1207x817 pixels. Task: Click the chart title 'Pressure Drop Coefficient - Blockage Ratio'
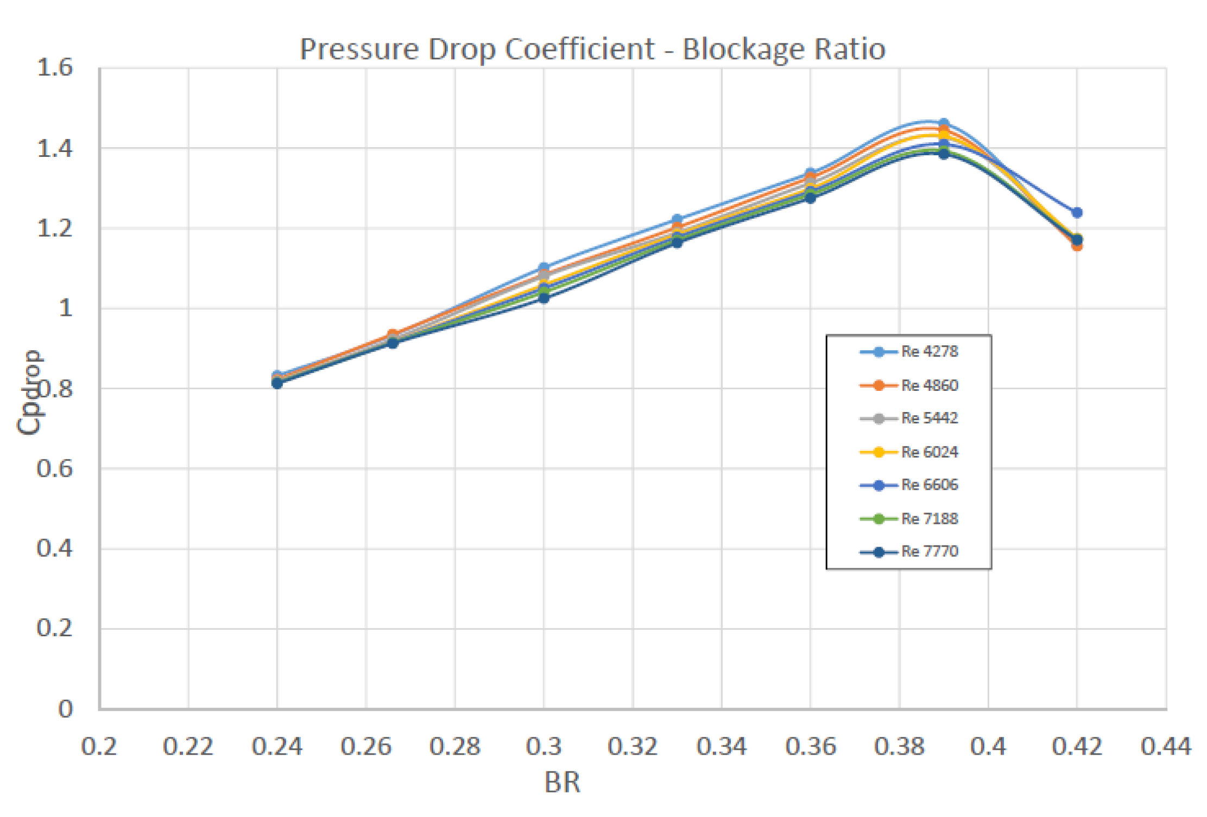(x=592, y=49)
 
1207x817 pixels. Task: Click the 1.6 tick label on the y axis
(x=55, y=68)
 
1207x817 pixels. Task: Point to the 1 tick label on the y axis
(x=65, y=308)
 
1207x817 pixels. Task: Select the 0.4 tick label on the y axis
(x=55, y=549)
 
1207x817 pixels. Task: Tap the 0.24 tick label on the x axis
(x=277, y=747)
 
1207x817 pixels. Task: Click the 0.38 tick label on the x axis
(x=899, y=747)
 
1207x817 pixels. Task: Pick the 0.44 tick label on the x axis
(x=1166, y=747)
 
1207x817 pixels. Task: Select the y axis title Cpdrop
(x=30, y=392)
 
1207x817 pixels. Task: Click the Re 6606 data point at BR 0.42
(x=1077, y=212)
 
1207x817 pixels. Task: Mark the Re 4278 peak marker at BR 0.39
(x=944, y=124)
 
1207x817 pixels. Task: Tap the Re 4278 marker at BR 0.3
(x=544, y=268)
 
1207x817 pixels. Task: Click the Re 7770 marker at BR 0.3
(x=544, y=297)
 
